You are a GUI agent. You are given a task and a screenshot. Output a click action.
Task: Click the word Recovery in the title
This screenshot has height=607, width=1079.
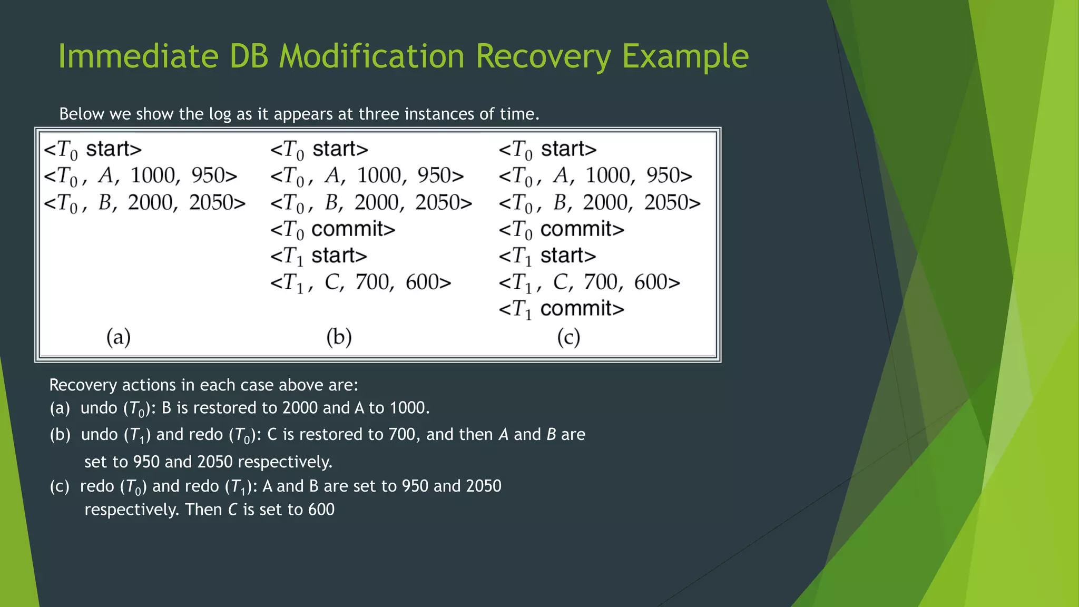click(x=543, y=56)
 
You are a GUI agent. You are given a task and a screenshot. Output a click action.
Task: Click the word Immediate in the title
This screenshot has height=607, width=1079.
click(x=138, y=56)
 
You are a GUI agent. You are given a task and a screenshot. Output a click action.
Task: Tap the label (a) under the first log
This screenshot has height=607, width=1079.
click(x=119, y=337)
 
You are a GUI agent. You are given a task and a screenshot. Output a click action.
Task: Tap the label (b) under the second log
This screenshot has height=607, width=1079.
click(x=339, y=337)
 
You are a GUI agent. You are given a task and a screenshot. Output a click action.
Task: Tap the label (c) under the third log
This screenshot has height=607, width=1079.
click(x=568, y=337)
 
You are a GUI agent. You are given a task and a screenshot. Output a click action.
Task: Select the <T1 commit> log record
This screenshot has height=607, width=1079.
click(x=561, y=309)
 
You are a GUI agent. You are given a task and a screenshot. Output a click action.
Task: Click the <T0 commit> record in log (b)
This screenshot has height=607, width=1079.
click(x=332, y=229)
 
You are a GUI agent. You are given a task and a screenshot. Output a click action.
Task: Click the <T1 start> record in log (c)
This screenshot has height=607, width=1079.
click(x=547, y=256)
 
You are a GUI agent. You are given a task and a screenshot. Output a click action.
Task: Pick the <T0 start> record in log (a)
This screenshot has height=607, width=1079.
click(x=93, y=149)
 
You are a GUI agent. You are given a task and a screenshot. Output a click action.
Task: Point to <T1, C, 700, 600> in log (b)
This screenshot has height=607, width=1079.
click(x=361, y=282)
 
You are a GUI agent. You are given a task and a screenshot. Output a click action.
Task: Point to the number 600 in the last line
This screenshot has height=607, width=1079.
click(x=321, y=510)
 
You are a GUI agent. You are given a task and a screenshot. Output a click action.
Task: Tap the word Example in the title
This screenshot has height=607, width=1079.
click(x=685, y=56)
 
